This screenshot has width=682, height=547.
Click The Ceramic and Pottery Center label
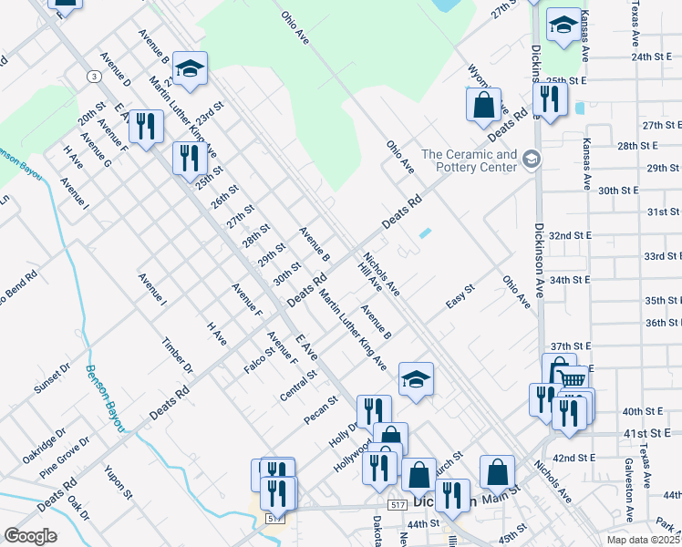click(x=469, y=161)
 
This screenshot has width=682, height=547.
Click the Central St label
click(x=299, y=385)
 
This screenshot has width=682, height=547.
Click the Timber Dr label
click(x=178, y=356)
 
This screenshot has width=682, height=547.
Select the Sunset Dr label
click(x=52, y=380)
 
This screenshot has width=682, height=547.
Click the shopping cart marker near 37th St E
click(x=571, y=378)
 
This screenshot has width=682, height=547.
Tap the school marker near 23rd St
click(x=190, y=69)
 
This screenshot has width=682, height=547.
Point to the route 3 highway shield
click(x=94, y=76)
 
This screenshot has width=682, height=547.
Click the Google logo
click(x=30, y=536)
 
